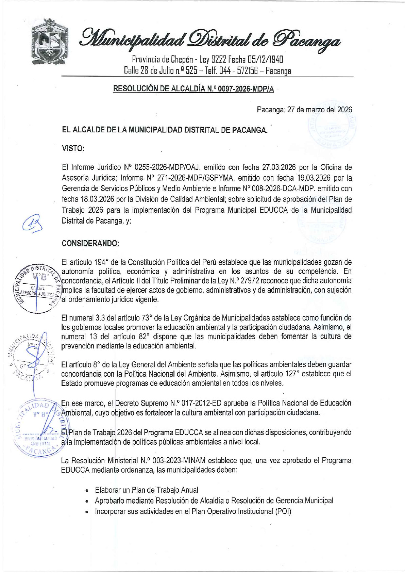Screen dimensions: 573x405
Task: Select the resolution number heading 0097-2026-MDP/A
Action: coord(193,89)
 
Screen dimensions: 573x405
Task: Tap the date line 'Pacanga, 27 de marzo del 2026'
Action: coord(304,110)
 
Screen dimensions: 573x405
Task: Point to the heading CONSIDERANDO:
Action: coord(90,243)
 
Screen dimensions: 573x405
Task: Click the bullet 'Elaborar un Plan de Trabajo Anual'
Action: coord(146,490)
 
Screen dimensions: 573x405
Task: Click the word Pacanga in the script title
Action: coord(308,39)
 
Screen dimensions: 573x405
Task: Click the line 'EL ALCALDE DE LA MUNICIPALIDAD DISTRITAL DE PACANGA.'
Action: coord(165,130)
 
